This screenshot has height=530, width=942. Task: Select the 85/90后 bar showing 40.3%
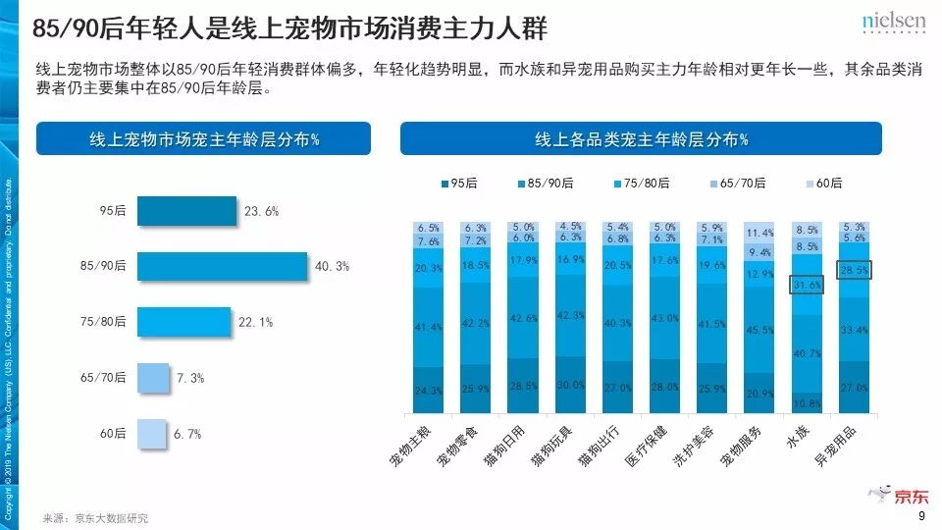tap(222, 266)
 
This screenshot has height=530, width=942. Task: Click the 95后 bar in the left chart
tap(186, 211)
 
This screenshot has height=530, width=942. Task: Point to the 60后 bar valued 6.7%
tap(151, 434)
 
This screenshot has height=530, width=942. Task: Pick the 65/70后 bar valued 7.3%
tap(153, 378)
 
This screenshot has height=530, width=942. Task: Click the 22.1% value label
tap(255, 322)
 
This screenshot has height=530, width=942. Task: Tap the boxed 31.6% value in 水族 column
tap(806, 286)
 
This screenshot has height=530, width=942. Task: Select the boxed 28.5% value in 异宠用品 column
tap(854, 270)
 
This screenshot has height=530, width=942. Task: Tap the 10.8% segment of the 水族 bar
tap(806, 403)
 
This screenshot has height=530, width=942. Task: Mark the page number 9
tap(920, 517)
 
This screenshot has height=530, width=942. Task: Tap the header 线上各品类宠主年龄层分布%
tap(641, 138)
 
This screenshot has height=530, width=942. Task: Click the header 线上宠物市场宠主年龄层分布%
tap(203, 138)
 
